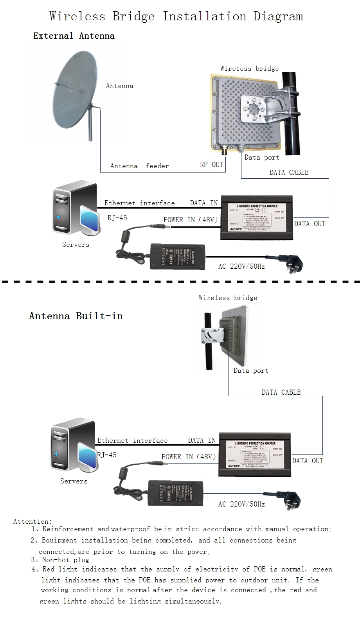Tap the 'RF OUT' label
[x=211, y=165]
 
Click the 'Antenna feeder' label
[x=139, y=166]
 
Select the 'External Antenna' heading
[x=74, y=36]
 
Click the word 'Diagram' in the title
[x=278, y=16]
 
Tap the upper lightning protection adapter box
[x=257, y=217]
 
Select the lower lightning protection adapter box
[x=255, y=454]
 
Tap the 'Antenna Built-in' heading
[x=76, y=316]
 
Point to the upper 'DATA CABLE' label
[x=289, y=172]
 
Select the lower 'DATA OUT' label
[x=308, y=461]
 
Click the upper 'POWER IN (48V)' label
[x=190, y=219]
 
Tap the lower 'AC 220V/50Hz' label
[x=241, y=504]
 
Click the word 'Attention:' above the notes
[x=32, y=521]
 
